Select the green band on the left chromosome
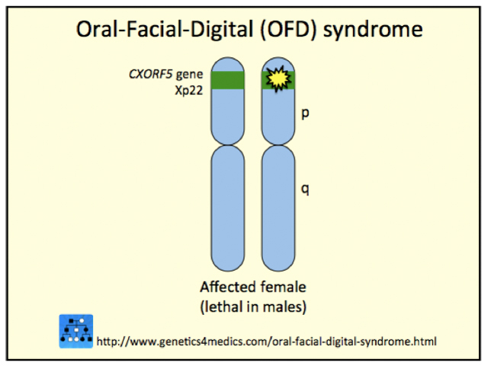[x=226, y=79]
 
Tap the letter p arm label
[x=305, y=114]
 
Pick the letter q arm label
[x=305, y=188]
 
